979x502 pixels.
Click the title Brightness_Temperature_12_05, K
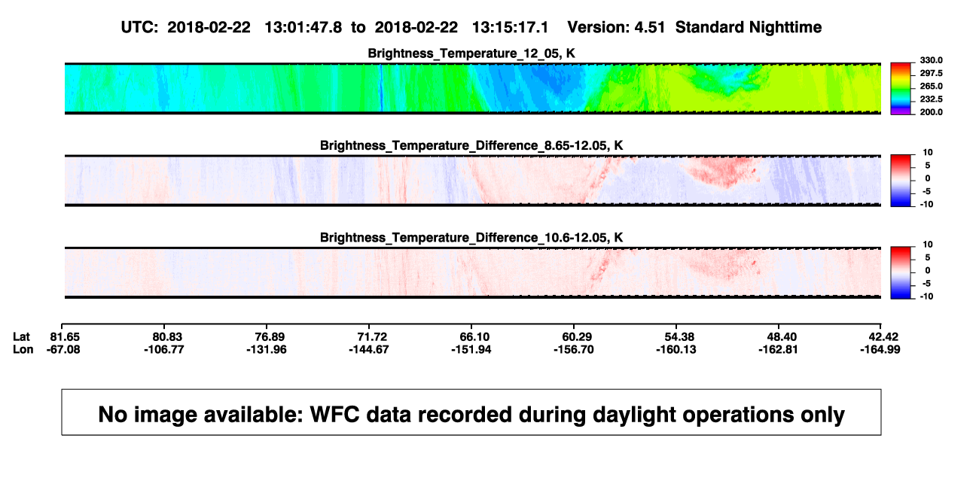click(471, 53)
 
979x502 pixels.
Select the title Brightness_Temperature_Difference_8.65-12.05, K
click(471, 145)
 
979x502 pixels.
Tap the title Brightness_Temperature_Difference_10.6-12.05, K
click(471, 238)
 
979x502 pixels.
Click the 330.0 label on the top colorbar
click(931, 60)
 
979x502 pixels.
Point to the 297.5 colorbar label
click(931, 74)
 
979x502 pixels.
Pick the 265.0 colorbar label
click(931, 86)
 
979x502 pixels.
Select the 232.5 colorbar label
click(931, 99)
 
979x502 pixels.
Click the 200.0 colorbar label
click(931, 112)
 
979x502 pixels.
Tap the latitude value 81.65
click(65, 337)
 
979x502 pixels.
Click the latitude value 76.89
click(270, 337)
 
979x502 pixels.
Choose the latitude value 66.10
click(474, 337)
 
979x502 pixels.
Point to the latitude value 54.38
click(679, 337)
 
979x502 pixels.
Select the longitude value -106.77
click(164, 349)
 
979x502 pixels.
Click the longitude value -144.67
click(369, 349)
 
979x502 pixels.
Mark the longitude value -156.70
click(573, 349)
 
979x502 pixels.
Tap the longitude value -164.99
click(880, 349)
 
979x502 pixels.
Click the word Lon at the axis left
click(23, 349)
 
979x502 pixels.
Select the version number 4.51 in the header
click(649, 28)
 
